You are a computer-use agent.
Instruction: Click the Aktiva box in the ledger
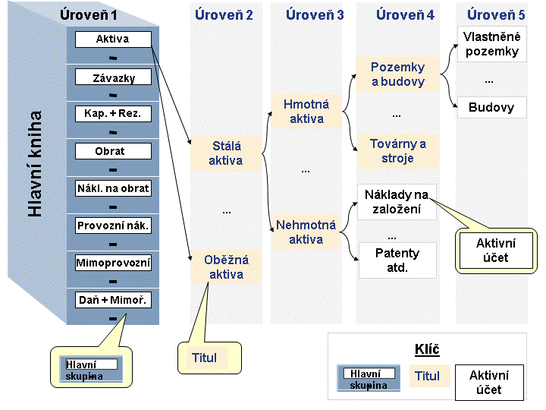click(113, 39)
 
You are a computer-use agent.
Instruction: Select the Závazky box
click(113, 77)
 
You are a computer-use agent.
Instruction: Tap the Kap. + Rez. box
click(113, 114)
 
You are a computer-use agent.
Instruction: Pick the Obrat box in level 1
click(113, 151)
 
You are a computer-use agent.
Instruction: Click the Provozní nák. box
click(113, 225)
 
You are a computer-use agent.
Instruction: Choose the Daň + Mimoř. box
click(113, 300)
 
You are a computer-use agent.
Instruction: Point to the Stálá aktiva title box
click(226, 153)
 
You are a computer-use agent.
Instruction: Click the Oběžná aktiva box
click(226, 266)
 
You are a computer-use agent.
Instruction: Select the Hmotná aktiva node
click(306, 111)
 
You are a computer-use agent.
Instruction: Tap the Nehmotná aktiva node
click(306, 232)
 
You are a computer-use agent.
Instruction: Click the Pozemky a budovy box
click(397, 74)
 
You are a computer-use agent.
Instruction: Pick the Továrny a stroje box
click(397, 151)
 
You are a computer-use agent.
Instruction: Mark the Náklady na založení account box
click(397, 202)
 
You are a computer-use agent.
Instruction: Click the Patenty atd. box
click(397, 260)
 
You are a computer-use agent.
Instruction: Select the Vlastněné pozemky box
click(491, 44)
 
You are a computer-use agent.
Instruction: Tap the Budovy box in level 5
click(491, 107)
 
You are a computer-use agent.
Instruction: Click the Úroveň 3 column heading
click(315, 15)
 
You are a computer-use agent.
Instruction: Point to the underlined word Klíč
click(427, 349)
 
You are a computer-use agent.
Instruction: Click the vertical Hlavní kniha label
click(35, 164)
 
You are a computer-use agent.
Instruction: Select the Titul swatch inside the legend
click(430, 376)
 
